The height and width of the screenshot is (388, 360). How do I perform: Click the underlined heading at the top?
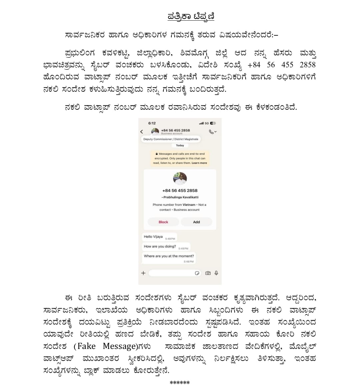(x=191, y=16)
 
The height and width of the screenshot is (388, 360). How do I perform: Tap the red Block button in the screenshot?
(x=163, y=222)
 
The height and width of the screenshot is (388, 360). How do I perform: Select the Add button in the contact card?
(x=196, y=222)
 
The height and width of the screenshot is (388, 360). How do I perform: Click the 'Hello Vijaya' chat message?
(x=153, y=237)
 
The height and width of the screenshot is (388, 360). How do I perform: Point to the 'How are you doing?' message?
(x=160, y=247)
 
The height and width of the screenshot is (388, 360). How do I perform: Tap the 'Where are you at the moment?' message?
(x=169, y=256)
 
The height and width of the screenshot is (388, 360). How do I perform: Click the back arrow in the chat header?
(x=142, y=132)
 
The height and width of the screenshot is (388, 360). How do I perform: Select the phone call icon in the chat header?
(x=211, y=132)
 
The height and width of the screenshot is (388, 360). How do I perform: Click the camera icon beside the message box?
(x=208, y=273)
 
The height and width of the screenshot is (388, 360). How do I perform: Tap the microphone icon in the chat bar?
(x=216, y=273)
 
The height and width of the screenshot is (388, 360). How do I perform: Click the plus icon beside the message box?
(x=143, y=273)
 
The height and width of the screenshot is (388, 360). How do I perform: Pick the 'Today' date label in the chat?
(x=180, y=145)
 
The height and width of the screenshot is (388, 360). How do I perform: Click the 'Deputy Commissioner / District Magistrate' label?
(x=171, y=139)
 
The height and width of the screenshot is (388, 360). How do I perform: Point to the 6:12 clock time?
(x=152, y=123)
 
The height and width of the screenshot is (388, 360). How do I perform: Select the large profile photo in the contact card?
(x=180, y=178)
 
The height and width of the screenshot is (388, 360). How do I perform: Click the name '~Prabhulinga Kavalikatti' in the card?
(x=180, y=197)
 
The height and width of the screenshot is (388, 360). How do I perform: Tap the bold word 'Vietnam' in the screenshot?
(x=189, y=205)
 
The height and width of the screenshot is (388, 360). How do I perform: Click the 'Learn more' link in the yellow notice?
(x=199, y=163)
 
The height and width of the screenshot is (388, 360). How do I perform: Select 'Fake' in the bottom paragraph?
(x=86, y=346)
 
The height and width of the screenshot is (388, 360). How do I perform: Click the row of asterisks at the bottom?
(x=180, y=382)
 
